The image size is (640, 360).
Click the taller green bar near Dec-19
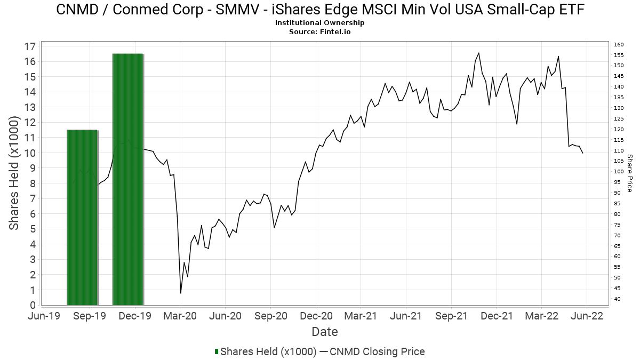[128, 179]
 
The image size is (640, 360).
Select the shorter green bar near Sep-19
[82, 217]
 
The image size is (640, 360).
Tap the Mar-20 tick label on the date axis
[180, 316]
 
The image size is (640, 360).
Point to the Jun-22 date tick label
[587, 316]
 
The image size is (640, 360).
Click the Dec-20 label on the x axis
[316, 316]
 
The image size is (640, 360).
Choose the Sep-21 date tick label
[451, 316]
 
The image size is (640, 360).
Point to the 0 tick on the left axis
[32, 306]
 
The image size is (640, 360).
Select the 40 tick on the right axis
[617, 299]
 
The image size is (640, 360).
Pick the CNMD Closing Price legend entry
[377, 351]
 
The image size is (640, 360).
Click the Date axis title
[325, 332]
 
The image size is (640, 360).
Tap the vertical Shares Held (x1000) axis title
[14, 174]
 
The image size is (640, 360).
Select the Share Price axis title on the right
[629, 173]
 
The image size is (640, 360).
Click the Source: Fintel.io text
[320, 31]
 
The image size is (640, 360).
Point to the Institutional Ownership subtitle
[320, 23]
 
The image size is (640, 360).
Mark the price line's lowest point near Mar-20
[181, 293]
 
